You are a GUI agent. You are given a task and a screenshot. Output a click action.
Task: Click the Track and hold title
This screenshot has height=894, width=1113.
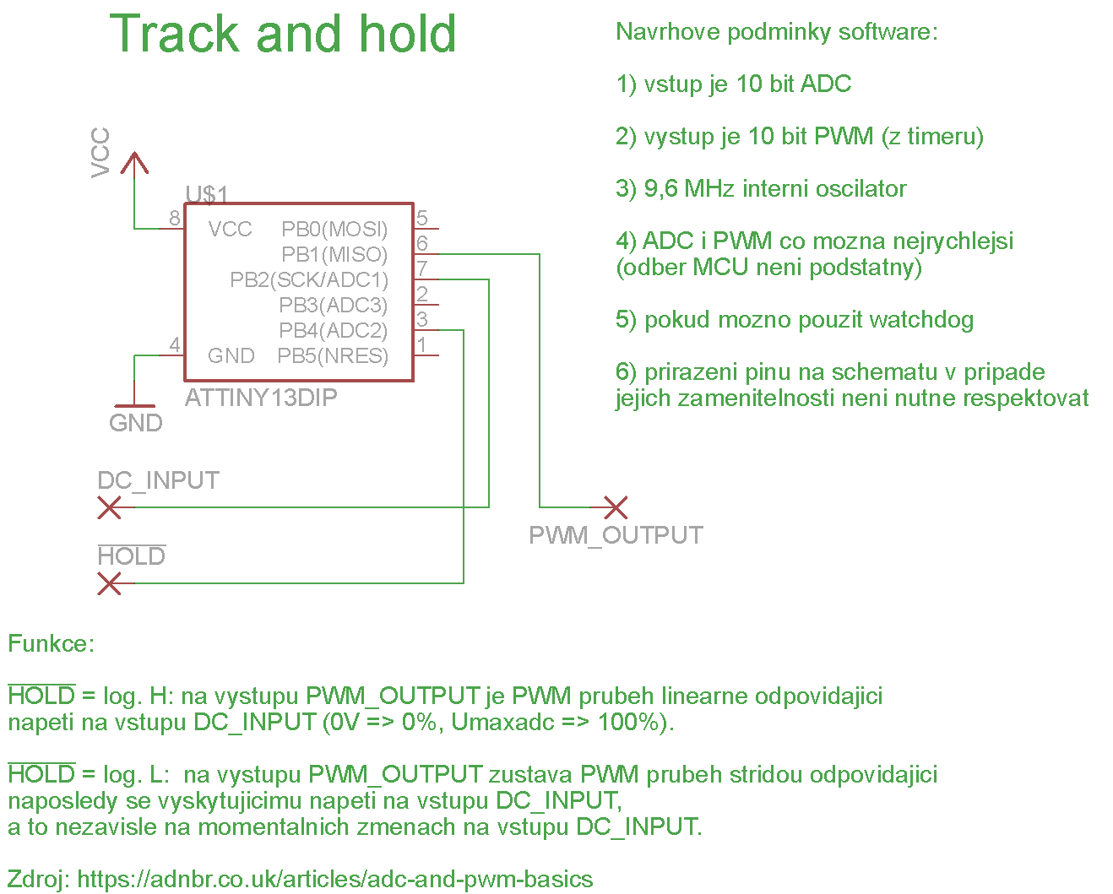(283, 35)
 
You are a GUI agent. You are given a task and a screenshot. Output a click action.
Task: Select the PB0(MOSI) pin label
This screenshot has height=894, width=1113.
(334, 230)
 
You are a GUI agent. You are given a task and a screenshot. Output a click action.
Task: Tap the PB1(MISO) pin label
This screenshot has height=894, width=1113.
(334, 255)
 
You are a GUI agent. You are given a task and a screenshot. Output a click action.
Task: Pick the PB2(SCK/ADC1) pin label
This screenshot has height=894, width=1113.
(309, 280)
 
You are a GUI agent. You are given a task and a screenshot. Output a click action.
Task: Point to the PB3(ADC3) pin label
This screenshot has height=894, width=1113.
(333, 306)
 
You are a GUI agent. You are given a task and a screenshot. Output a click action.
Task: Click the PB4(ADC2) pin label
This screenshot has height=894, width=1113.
(333, 331)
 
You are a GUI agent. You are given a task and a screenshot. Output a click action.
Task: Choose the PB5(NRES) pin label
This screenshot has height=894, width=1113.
(333, 356)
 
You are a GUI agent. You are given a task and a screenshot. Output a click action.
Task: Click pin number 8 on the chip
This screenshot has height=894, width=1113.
(175, 219)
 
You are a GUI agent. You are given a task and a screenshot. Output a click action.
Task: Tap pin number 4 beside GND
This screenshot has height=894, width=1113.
(175, 345)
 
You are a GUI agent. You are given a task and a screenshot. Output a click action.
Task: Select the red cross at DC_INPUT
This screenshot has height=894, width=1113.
(110, 507)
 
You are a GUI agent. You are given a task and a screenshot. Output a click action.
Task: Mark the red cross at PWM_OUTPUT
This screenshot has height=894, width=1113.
(616, 507)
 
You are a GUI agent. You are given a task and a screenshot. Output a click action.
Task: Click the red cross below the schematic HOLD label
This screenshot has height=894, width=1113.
(110, 583)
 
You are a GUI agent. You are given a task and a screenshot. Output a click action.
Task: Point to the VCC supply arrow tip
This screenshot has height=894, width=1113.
(134, 155)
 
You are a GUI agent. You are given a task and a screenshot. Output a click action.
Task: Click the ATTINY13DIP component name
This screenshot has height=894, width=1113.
(261, 398)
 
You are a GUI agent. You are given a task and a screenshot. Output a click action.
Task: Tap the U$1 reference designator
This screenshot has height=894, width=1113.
(207, 195)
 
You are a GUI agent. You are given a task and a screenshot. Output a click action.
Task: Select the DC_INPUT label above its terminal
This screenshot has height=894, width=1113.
(158, 481)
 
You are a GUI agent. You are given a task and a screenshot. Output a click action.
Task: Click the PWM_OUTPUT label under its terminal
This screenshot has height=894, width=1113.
(616, 536)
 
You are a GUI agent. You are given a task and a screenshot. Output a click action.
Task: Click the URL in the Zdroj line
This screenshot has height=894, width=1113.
(334, 880)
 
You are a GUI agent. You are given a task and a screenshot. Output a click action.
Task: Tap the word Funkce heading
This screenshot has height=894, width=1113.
(51, 644)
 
